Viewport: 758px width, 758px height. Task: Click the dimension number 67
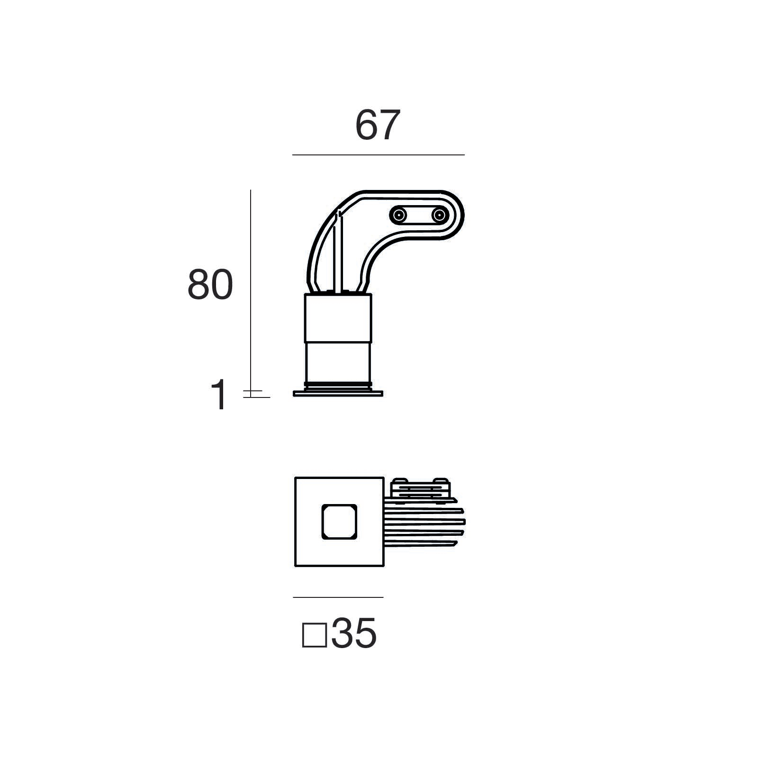coord(378,126)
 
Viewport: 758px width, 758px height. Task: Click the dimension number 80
coord(210,285)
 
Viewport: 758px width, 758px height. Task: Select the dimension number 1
coord(219,396)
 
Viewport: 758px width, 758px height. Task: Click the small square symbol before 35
coord(314,635)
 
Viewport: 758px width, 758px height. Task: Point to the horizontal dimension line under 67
coord(378,155)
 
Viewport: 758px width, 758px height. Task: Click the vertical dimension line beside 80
coord(251,284)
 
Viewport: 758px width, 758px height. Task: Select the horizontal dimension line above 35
coord(338,597)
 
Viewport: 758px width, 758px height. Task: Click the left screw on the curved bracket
coord(398,216)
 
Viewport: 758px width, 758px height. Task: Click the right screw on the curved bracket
coord(440,216)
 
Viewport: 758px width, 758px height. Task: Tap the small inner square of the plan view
coord(339,522)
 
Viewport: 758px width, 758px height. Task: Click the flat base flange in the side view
coord(338,393)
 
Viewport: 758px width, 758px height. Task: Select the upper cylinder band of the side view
coord(338,317)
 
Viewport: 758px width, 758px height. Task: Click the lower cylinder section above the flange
coord(338,362)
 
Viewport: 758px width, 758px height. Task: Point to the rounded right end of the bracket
coord(457,216)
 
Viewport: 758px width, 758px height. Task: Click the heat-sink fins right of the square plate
coord(424,526)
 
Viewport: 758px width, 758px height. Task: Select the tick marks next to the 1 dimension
coord(253,394)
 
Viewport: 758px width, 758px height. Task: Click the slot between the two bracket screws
coord(419,216)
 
